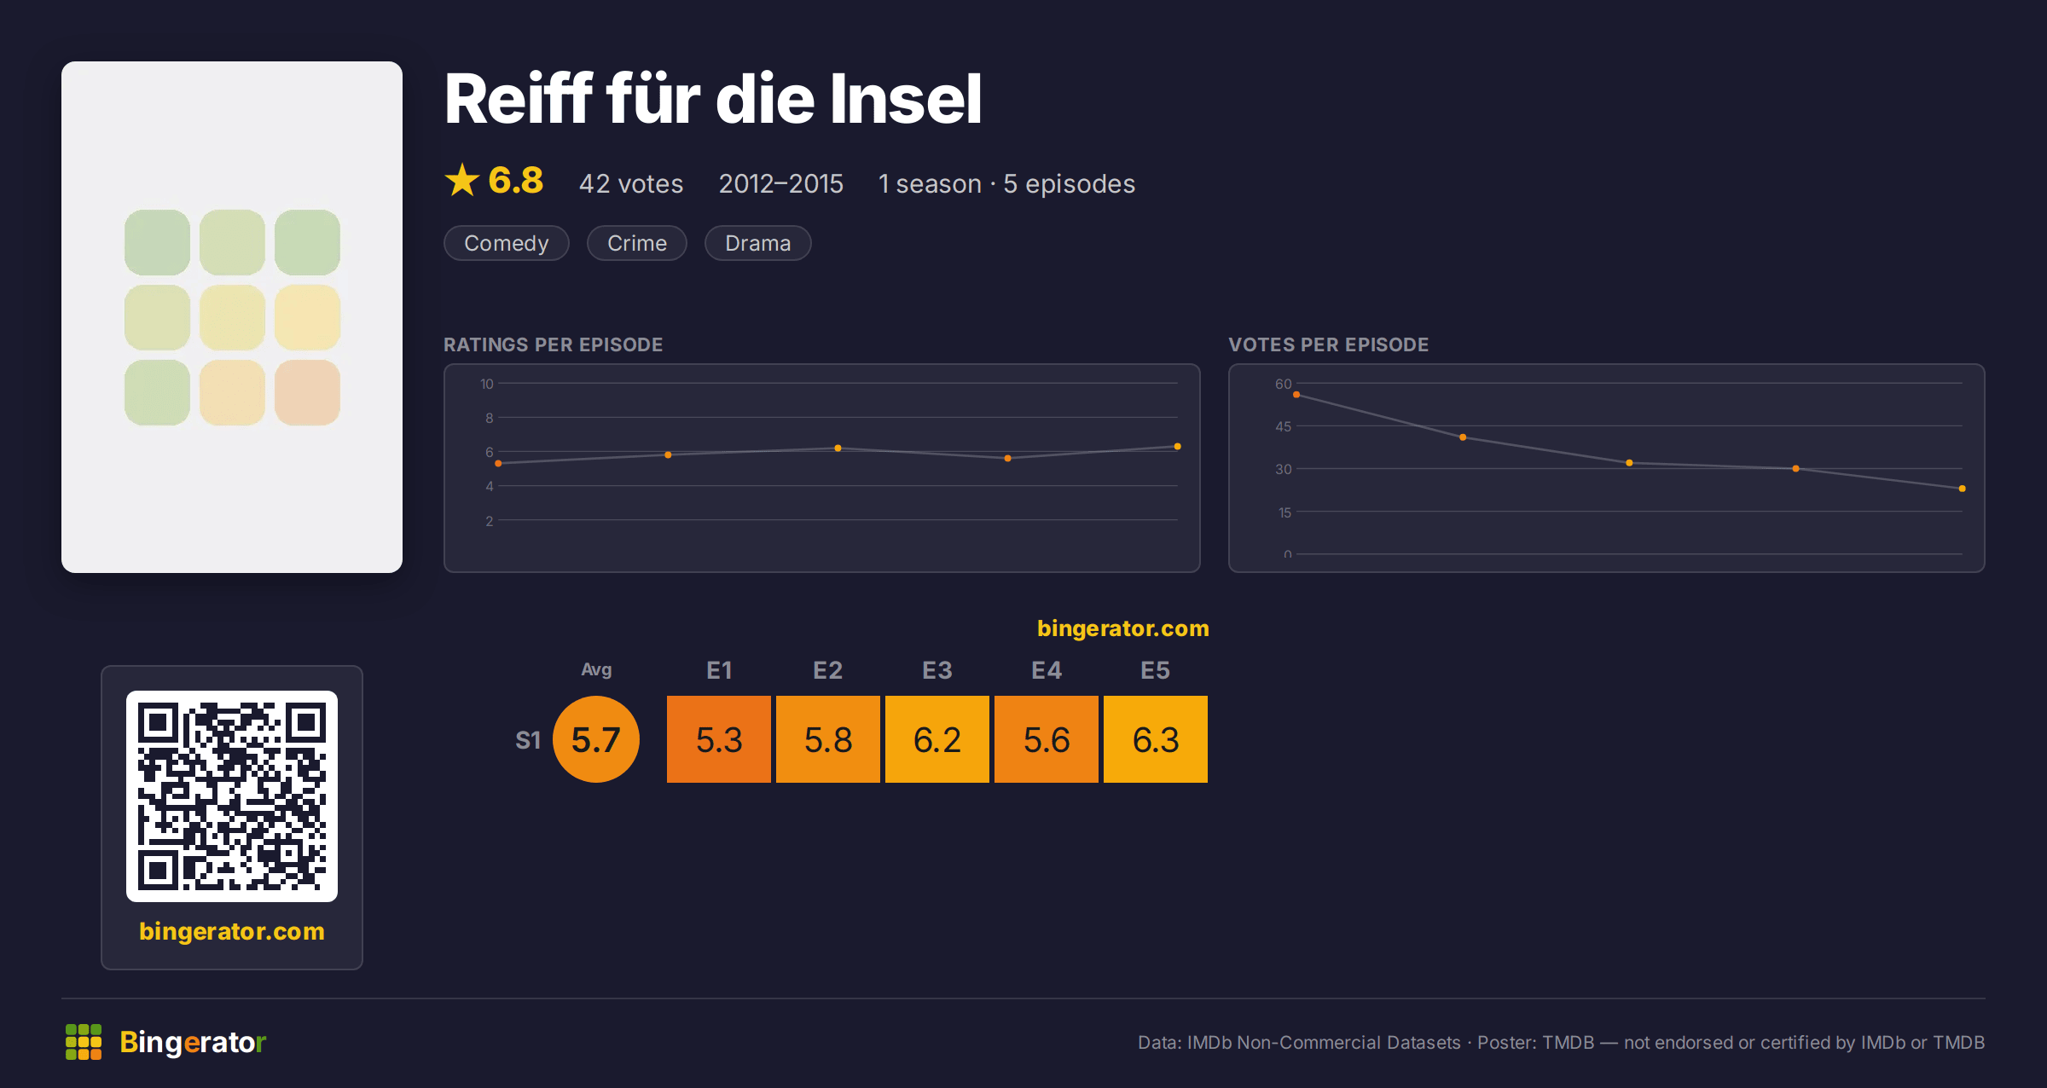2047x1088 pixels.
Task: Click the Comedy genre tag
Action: coord(506,243)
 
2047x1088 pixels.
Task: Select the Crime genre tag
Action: coord(636,243)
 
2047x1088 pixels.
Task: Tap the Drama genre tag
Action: coord(757,243)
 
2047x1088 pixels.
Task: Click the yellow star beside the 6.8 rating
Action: coord(462,180)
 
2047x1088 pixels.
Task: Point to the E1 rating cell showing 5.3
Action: coord(718,739)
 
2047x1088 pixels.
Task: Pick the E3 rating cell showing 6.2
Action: coord(937,739)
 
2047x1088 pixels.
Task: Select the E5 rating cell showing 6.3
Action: coord(1155,739)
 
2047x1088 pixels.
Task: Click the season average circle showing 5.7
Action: coord(596,739)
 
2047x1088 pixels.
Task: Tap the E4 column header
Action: coord(1047,670)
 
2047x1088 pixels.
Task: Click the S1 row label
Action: coord(528,740)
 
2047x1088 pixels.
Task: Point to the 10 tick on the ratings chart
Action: coord(487,384)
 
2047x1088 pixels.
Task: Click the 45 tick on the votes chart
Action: coord(1284,426)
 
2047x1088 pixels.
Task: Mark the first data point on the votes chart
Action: coord(1296,395)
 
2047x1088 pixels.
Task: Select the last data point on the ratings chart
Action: coord(1177,447)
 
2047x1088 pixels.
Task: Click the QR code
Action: coord(232,796)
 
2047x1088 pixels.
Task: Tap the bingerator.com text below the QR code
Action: coord(232,931)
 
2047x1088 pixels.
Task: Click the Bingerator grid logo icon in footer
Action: coord(84,1042)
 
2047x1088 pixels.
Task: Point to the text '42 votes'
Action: coord(631,183)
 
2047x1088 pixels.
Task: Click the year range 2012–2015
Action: coord(780,183)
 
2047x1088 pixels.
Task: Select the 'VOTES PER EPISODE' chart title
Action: coord(1328,344)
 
